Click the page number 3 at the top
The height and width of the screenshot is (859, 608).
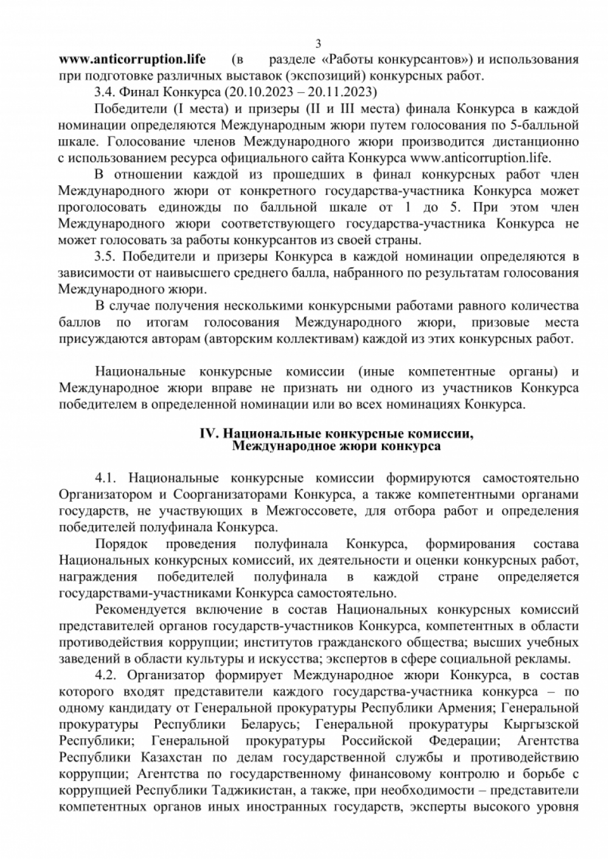[318, 44]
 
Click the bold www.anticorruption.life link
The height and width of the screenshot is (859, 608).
[132, 60]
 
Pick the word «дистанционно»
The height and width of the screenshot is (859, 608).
[538, 142]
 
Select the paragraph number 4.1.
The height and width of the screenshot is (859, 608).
[106, 478]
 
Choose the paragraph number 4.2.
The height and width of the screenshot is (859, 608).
[106, 675]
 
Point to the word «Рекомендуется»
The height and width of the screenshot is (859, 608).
[140, 610]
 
